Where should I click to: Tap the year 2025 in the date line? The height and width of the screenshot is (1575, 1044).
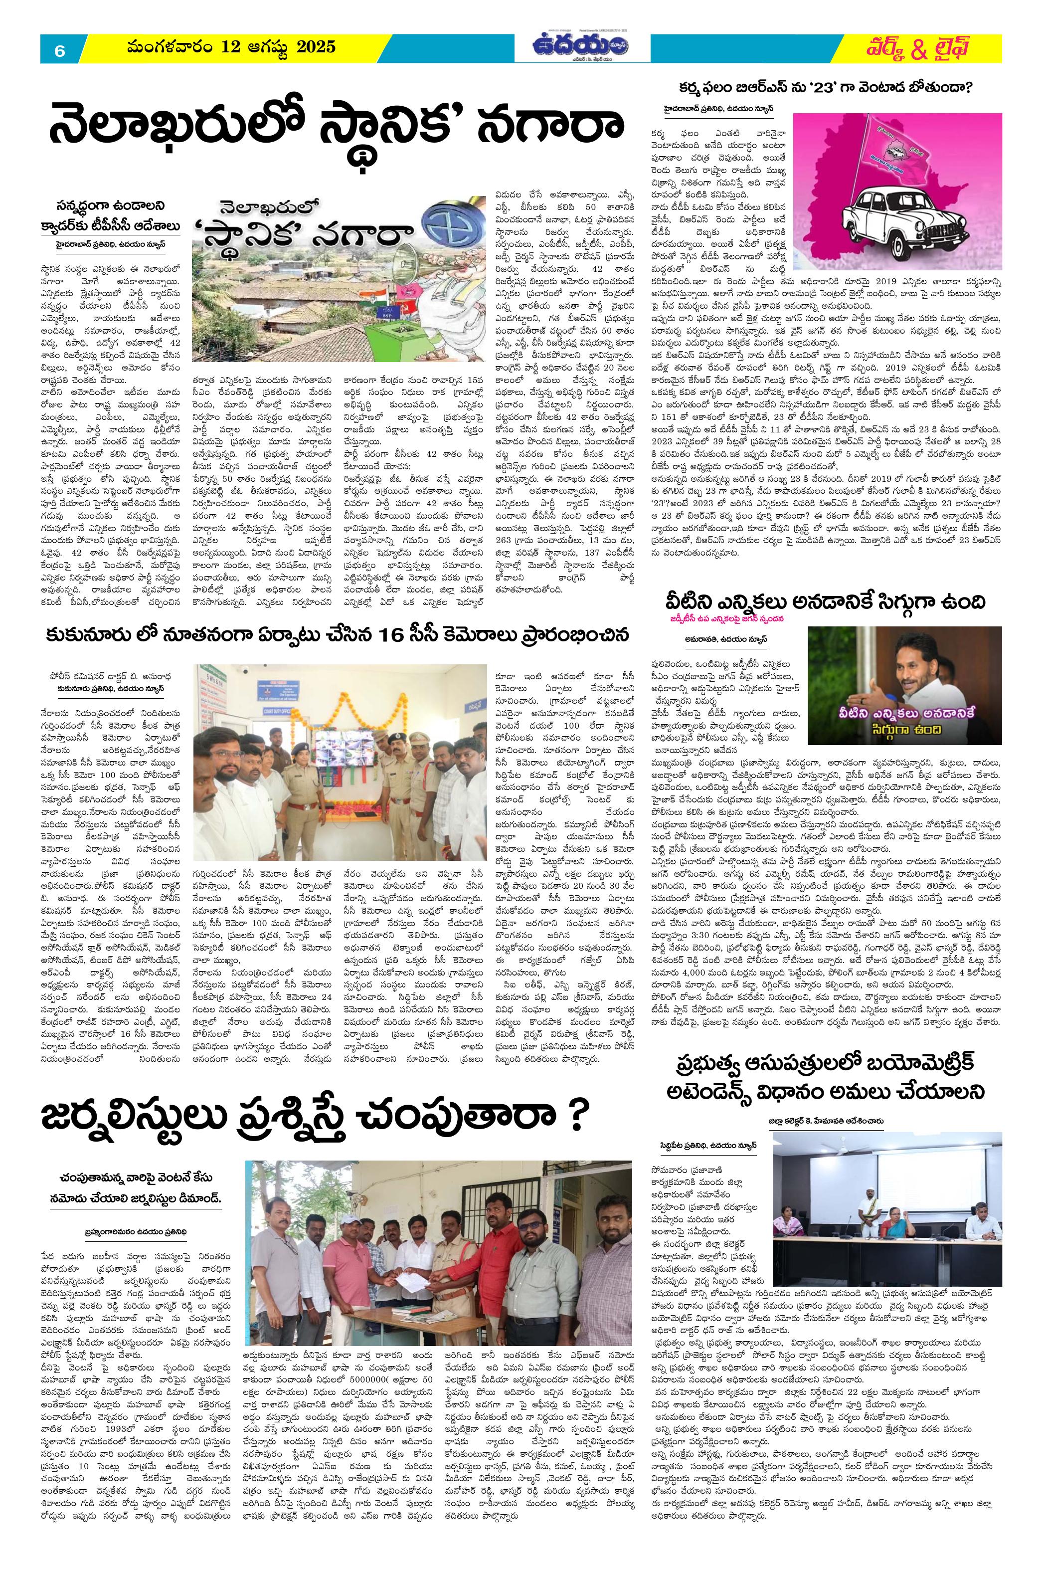[x=315, y=47]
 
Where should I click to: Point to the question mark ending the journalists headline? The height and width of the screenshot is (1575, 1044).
[x=576, y=1116]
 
